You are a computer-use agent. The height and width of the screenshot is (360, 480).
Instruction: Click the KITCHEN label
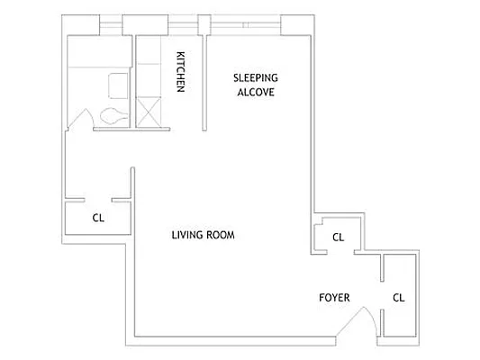[x=180, y=71]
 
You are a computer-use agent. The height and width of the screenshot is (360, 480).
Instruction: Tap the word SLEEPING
[x=254, y=77]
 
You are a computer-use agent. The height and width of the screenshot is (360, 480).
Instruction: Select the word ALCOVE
[x=254, y=92]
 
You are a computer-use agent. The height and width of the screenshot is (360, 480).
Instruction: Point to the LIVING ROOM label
[x=203, y=236]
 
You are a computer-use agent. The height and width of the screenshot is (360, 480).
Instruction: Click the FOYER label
[x=334, y=298]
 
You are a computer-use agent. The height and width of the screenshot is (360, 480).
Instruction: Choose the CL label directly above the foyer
[x=338, y=238]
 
